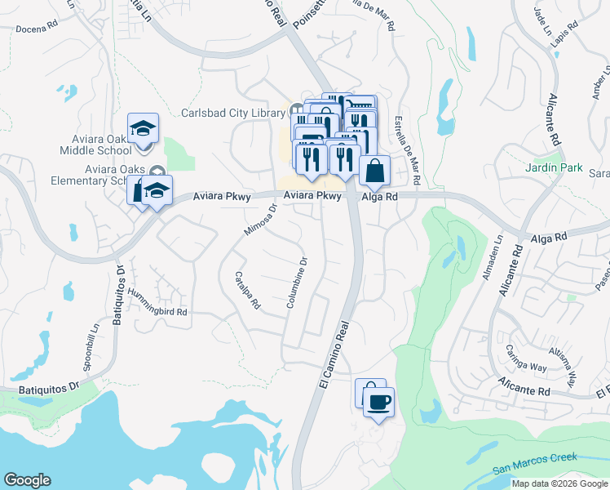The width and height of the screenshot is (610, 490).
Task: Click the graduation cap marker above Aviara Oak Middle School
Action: [x=143, y=129]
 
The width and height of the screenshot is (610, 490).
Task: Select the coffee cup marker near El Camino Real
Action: [x=378, y=402]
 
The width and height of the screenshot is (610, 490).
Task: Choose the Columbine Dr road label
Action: [x=295, y=283]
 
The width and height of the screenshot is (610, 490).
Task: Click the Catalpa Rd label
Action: [x=246, y=290]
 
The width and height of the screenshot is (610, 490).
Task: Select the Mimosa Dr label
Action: [x=261, y=220]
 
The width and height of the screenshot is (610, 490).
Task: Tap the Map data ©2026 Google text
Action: [x=559, y=483]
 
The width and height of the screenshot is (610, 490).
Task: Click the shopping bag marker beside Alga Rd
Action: [x=374, y=171]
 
